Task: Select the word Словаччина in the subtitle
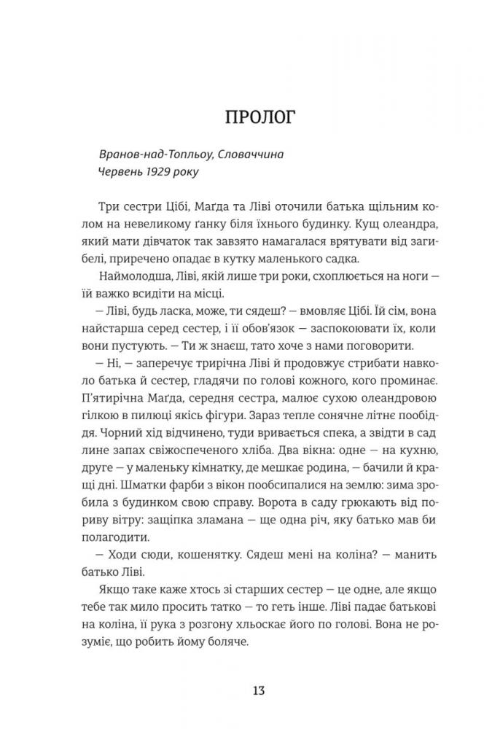pyautogui.click(x=254, y=155)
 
